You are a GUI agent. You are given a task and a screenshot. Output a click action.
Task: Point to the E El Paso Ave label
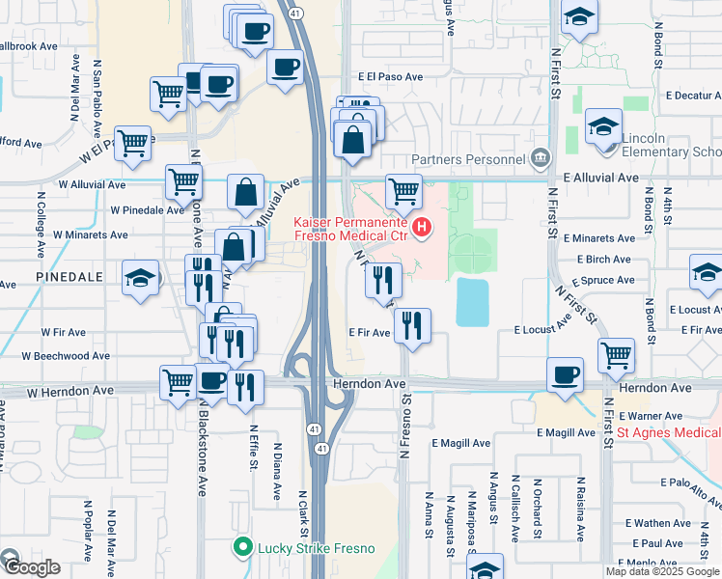coord(390,75)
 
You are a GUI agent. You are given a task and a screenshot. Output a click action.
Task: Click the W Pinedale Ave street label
coord(147,208)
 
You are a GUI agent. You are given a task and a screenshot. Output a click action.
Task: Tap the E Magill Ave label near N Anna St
coord(461,443)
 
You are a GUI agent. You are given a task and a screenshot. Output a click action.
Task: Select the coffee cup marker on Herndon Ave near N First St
coord(565,373)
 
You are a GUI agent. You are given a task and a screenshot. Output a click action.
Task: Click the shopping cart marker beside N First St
coord(615,354)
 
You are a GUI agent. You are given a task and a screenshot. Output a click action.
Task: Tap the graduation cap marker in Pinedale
coord(141,280)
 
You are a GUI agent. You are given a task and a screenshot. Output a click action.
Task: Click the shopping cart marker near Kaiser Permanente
coord(403,190)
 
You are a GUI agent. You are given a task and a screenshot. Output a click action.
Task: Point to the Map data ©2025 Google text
coord(662,571)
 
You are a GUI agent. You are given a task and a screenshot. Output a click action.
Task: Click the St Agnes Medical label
coord(669,433)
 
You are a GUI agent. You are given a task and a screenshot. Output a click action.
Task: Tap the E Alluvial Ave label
coord(600,178)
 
